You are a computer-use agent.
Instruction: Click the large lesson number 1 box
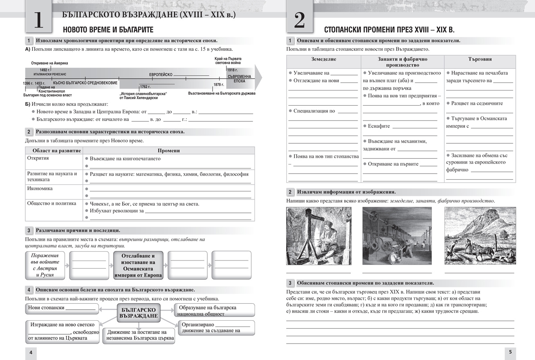(39, 21)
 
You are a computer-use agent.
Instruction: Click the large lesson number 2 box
(300, 21)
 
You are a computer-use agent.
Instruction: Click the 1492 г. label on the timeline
(45, 70)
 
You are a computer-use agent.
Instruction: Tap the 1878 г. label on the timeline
(219, 84)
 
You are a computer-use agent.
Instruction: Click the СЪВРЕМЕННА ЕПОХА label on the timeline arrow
(239, 79)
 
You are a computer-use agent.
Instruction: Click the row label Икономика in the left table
(40, 188)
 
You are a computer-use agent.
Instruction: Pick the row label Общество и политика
(52, 203)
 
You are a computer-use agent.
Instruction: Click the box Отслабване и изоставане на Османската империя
(138, 265)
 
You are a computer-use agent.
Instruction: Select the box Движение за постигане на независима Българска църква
(139, 336)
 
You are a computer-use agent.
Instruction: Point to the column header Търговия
(480, 59)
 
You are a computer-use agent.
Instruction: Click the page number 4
(30, 352)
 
